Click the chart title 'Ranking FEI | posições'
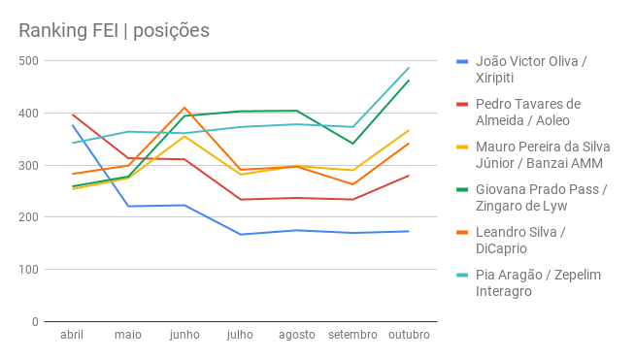point(114,30)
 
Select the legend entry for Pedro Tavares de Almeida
point(528,113)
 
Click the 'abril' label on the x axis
point(72,335)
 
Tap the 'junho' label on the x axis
point(184,335)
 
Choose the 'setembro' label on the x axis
point(352,335)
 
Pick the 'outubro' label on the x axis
point(408,335)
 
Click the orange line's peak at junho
point(184,108)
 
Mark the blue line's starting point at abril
point(72,125)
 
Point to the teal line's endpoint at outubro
point(409,68)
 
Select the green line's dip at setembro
point(352,144)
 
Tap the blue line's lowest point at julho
point(240,234)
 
